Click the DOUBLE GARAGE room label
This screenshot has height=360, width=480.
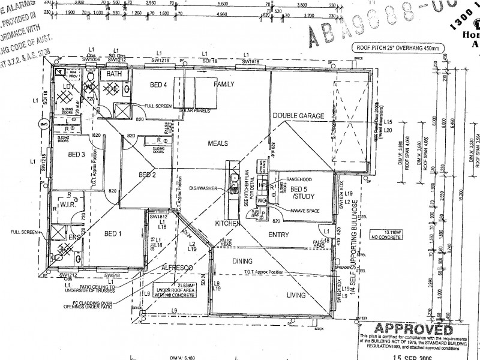pos(298,116)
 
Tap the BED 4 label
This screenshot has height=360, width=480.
pos(158,85)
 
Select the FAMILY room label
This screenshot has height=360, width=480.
pos(224,84)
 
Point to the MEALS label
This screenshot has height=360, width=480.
pos(219,143)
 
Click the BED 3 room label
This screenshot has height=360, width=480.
pos(76,155)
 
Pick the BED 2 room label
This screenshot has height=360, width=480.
pos(147,175)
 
